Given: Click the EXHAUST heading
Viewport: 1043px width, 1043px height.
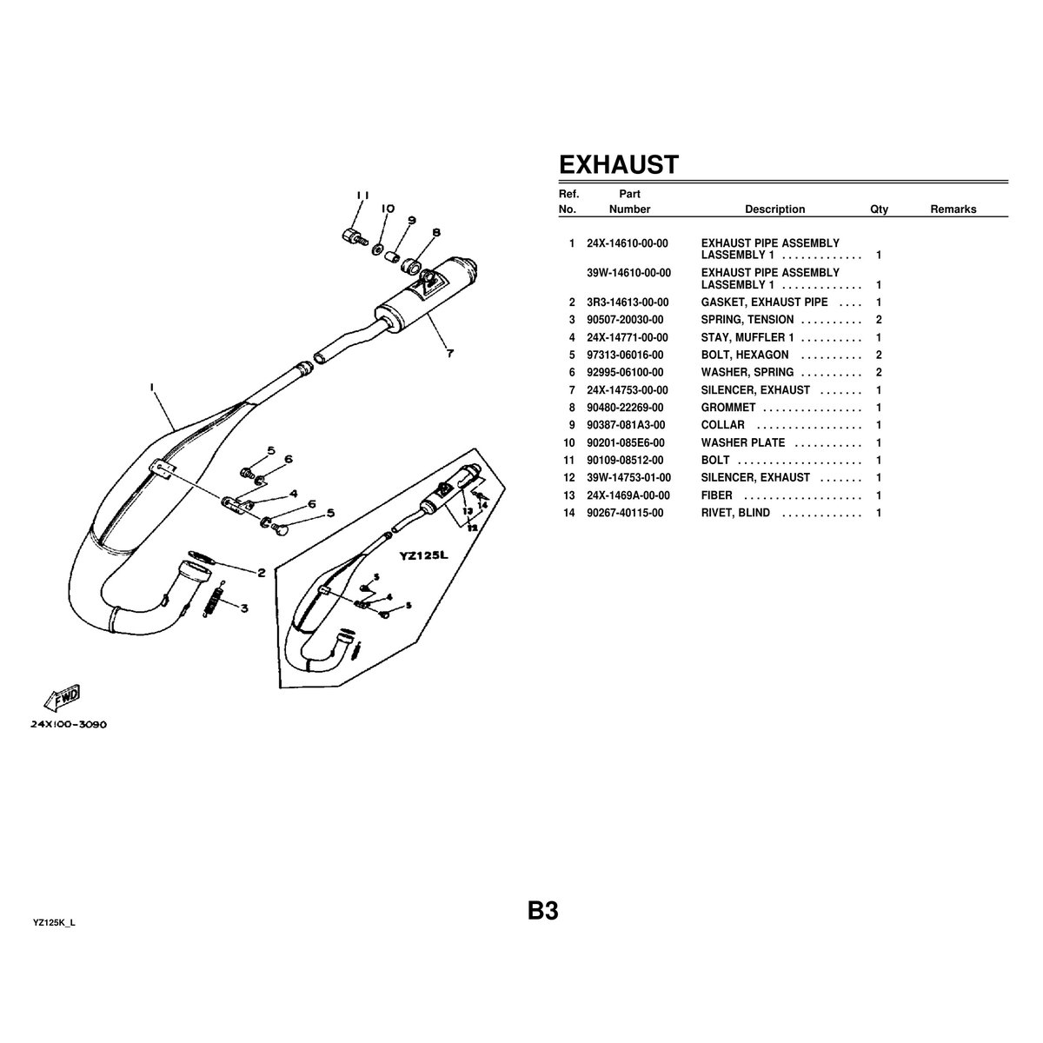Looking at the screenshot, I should (x=617, y=165).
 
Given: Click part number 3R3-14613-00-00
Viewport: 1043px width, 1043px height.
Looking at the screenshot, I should (x=628, y=302).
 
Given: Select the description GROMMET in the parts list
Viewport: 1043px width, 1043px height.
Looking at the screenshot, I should (x=728, y=408).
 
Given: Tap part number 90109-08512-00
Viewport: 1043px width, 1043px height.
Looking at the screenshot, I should (x=625, y=460).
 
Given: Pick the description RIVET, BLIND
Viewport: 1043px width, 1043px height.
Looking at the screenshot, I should (x=735, y=513).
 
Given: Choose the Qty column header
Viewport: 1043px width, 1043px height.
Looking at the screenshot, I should (x=879, y=209).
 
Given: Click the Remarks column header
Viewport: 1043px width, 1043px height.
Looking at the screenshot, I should (x=953, y=209).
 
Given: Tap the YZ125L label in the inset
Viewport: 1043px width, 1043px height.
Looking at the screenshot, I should (x=423, y=556).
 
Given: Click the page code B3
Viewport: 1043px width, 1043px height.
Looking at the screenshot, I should (x=542, y=912).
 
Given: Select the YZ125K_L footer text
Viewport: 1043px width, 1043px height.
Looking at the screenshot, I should (x=55, y=920).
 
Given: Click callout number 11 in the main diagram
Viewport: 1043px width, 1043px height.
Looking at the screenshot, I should (x=362, y=195).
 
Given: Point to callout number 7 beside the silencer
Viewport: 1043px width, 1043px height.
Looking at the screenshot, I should (x=449, y=353).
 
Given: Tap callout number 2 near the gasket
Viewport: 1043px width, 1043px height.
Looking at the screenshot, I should (x=260, y=573).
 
